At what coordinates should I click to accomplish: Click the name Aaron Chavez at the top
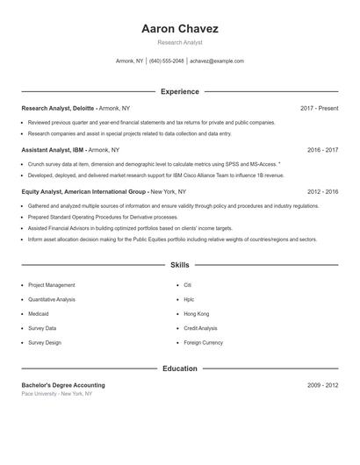(x=179, y=29)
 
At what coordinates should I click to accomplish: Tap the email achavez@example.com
(x=216, y=61)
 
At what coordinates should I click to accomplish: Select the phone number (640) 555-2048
(x=167, y=61)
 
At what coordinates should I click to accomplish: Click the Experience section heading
(x=179, y=91)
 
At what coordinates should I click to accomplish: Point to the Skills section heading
(x=179, y=264)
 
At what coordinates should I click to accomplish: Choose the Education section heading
(x=179, y=368)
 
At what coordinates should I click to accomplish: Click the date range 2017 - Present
(x=319, y=108)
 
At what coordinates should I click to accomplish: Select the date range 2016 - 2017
(x=322, y=150)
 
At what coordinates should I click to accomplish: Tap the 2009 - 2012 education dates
(x=322, y=385)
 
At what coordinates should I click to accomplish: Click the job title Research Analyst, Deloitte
(x=58, y=108)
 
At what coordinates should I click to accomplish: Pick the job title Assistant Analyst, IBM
(x=54, y=150)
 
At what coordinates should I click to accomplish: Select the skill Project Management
(x=52, y=285)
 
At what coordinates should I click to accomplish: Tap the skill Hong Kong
(x=197, y=314)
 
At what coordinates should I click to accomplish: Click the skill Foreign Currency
(x=204, y=342)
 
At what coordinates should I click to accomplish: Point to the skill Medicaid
(x=39, y=314)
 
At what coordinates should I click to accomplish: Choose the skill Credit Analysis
(x=201, y=328)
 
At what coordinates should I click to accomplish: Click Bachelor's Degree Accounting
(x=63, y=385)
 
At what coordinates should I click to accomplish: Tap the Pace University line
(x=57, y=394)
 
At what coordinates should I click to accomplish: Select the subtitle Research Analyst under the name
(x=179, y=42)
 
